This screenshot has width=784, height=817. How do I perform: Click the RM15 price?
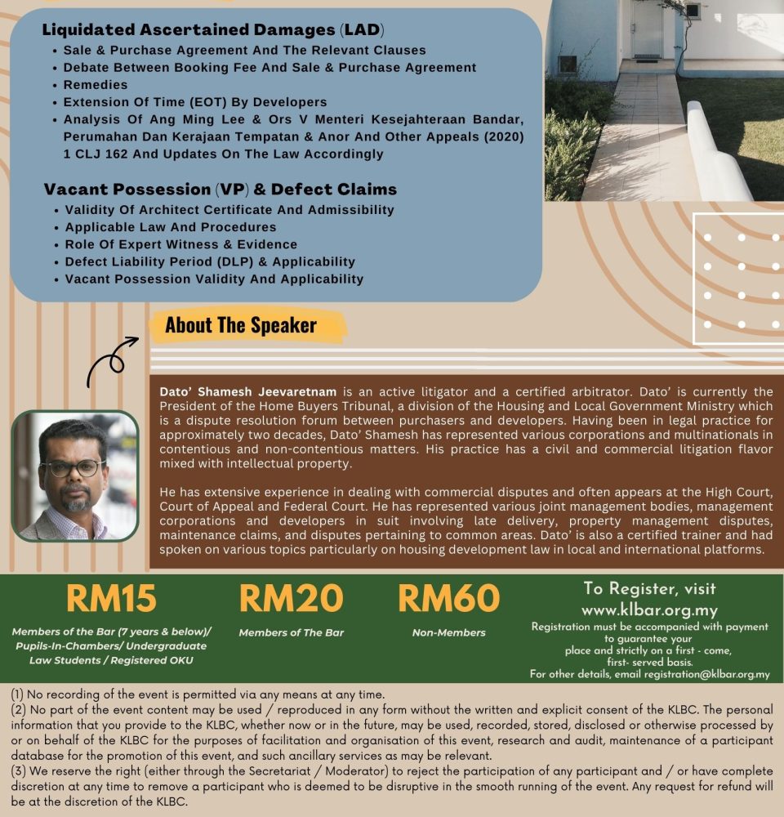[111, 600]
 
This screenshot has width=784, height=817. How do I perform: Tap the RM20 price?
[292, 600]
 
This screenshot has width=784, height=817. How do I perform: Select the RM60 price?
[448, 600]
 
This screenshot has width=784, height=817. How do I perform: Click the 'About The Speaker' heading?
[241, 325]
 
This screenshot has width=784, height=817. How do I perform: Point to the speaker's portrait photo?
[75, 475]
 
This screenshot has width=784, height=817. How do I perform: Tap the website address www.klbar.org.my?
[649, 610]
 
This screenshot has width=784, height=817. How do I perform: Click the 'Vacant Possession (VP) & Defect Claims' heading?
[220, 190]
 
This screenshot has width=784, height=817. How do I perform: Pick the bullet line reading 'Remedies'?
[96, 85]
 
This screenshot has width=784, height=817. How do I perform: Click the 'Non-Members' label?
[448, 632]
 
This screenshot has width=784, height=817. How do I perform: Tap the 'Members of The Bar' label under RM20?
[292, 632]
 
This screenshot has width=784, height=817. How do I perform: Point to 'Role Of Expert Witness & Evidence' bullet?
[180, 244]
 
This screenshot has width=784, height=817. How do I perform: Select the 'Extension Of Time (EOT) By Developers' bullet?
[195, 102]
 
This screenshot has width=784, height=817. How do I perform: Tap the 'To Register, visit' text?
[649, 589]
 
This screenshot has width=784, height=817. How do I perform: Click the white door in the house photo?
[648, 29]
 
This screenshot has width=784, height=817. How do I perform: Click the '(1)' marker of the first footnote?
[18, 695]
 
